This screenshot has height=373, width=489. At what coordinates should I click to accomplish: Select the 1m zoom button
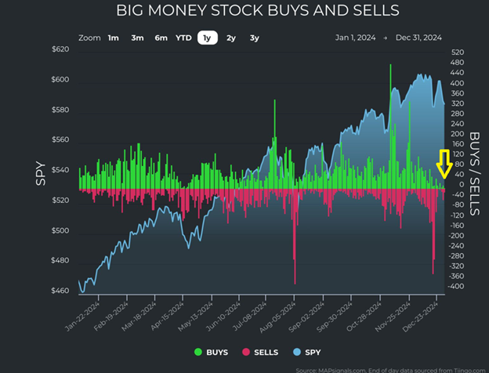click(x=114, y=38)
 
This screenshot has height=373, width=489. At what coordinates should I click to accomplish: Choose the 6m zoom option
click(x=161, y=38)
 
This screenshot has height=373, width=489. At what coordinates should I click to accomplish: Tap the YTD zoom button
click(x=183, y=38)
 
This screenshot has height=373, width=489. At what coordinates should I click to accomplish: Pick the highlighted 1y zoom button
click(x=208, y=38)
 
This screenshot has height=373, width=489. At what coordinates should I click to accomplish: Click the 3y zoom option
click(x=255, y=38)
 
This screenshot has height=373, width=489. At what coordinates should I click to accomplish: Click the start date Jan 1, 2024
click(x=357, y=38)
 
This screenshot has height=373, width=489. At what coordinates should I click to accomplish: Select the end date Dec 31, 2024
click(x=418, y=38)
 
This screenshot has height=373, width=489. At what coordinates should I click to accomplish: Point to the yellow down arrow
click(x=444, y=164)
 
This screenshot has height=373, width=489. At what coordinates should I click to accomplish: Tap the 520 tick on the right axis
click(x=458, y=53)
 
